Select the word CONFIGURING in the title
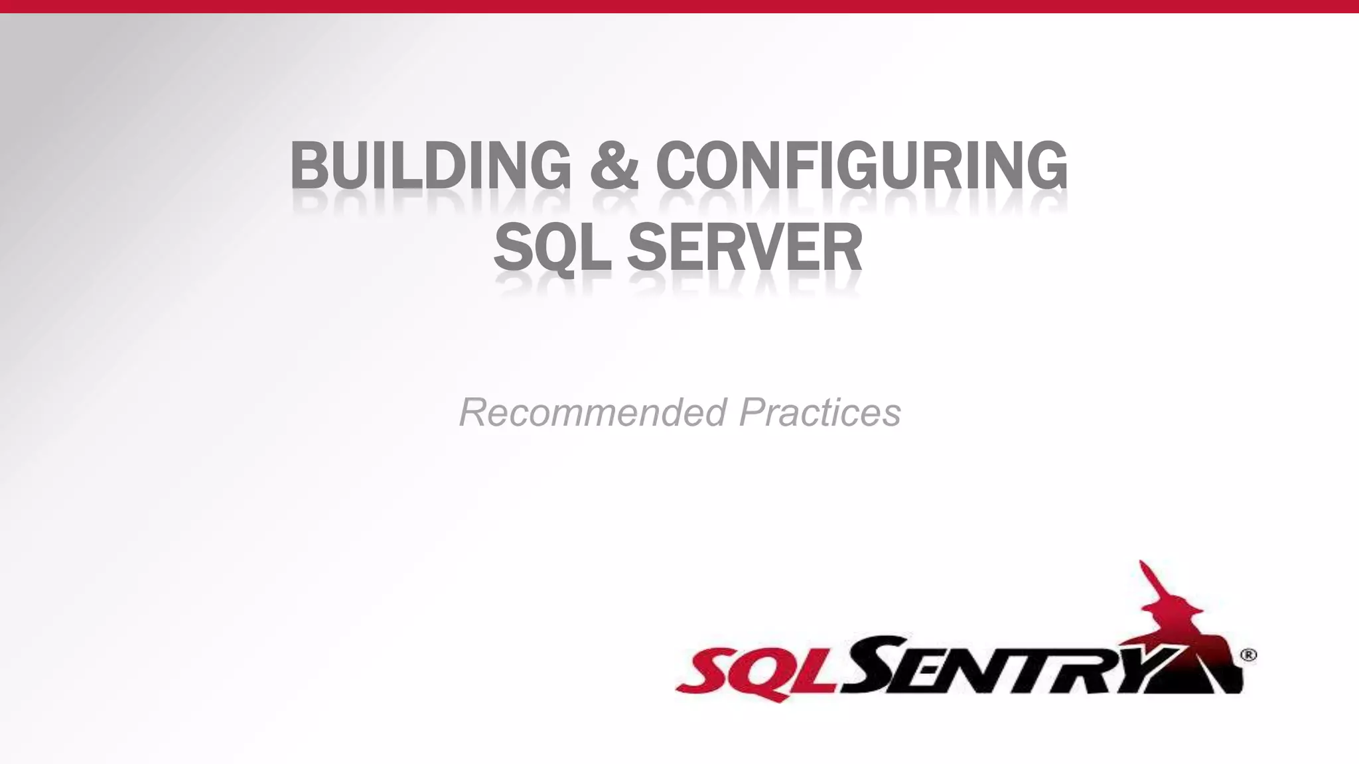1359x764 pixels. pyautogui.click(x=861, y=165)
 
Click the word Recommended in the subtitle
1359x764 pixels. pyautogui.click(x=593, y=413)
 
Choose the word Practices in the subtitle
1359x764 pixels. pyautogui.click(x=820, y=413)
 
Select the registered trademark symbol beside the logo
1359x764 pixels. pyautogui.click(x=1248, y=655)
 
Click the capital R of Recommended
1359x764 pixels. pyautogui.click(x=474, y=413)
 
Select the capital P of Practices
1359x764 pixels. pyautogui.click(x=752, y=413)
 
